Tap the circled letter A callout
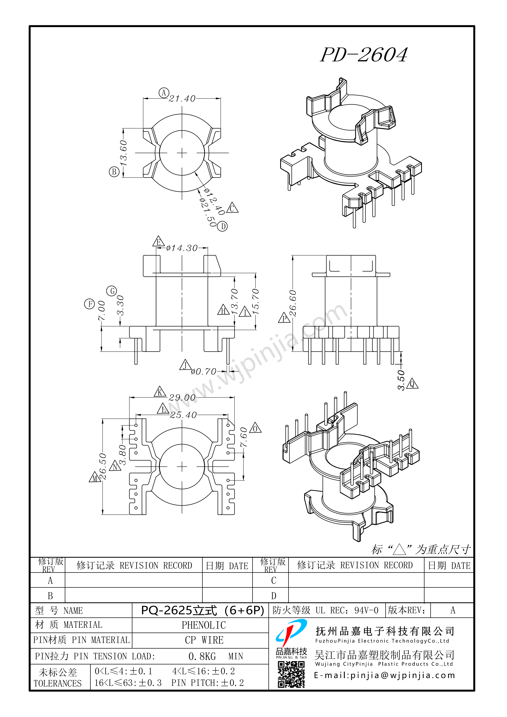click(x=164, y=93)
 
